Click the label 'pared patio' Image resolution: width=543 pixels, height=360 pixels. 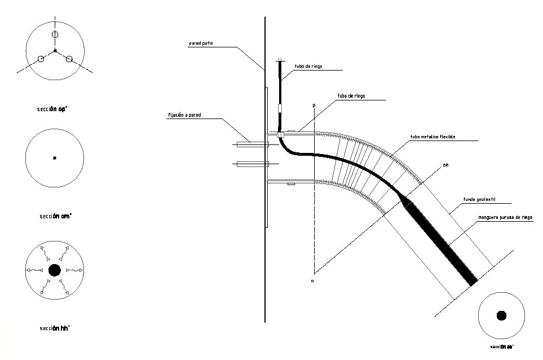click(x=201, y=43)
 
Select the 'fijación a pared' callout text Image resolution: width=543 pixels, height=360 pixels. click(x=185, y=115)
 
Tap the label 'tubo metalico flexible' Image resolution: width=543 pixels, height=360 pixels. click(x=432, y=137)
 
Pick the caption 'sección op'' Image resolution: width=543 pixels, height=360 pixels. click(x=55, y=110)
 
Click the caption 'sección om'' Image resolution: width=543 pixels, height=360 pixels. click(x=55, y=216)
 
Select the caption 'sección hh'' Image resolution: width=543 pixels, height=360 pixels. click(x=55, y=328)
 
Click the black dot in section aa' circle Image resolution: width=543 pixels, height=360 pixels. click(x=501, y=315)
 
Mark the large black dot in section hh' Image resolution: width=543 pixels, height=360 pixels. click(x=55, y=270)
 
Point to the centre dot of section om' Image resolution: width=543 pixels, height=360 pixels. click(x=55, y=158)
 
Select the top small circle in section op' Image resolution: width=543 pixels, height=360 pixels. click(x=55, y=35)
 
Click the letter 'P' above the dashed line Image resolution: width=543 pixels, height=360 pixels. click(x=312, y=106)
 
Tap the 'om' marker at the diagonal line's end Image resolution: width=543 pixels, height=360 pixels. click(x=445, y=165)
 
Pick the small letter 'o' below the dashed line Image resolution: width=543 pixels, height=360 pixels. click(x=312, y=279)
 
